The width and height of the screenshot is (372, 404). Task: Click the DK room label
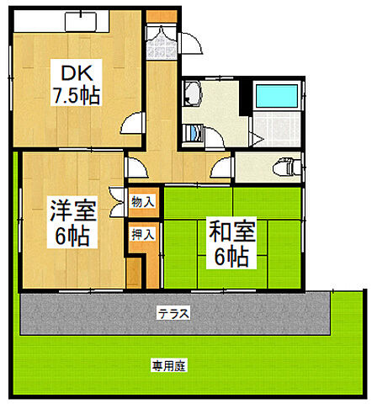point(73,71)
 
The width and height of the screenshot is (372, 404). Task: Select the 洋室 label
point(62,208)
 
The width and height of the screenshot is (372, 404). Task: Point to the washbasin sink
point(193,98)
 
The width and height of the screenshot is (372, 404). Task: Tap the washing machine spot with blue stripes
point(194,132)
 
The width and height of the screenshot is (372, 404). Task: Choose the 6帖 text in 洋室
point(63,235)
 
